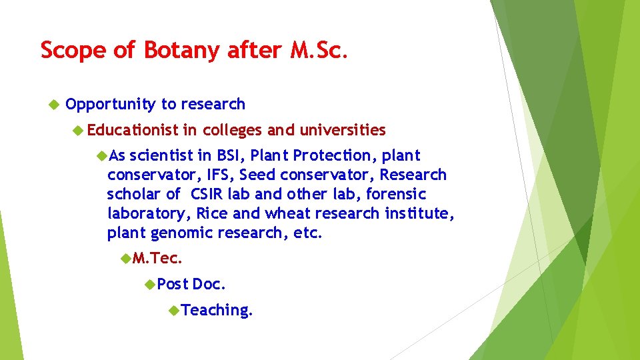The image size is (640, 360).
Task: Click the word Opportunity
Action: (x=111, y=104)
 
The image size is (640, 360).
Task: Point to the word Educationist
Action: (x=133, y=129)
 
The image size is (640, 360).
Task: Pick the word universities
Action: (x=343, y=129)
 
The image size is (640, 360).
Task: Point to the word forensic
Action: (x=397, y=194)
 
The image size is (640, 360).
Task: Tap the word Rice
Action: (x=213, y=213)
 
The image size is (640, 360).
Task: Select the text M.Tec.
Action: (x=157, y=258)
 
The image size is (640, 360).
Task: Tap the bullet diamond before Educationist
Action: (x=78, y=130)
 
